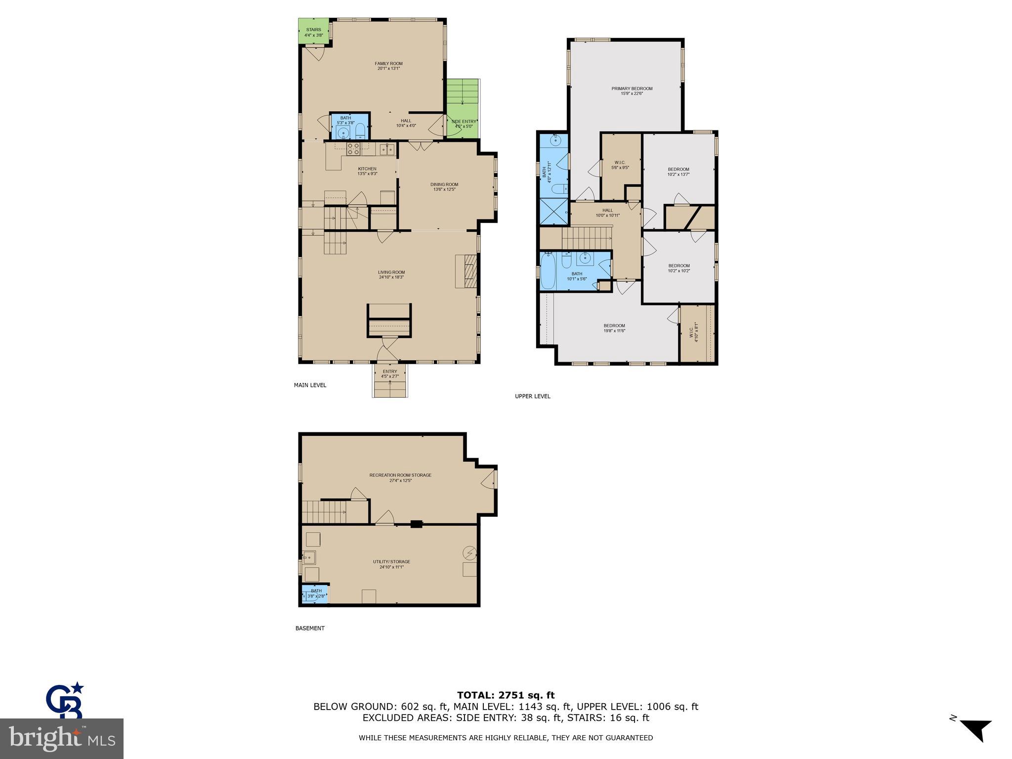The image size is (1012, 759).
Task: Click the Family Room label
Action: click(x=388, y=64)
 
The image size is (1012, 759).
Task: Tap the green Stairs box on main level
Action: click(x=313, y=31)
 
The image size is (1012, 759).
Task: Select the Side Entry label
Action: click(x=464, y=122)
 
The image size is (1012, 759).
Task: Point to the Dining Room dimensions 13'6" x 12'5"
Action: click(x=444, y=190)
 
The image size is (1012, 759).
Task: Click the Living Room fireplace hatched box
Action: click(x=466, y=271)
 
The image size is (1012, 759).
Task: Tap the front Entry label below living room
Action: click(x=389, y=372)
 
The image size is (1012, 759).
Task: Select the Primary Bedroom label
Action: click(x=632, y=89)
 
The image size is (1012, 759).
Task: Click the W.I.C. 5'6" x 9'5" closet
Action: click(x=620, y=165)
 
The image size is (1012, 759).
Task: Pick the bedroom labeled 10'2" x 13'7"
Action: click(x=678, y=171)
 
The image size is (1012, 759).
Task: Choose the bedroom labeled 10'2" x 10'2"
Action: click(x=678, y=268)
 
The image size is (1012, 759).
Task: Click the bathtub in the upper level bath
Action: click(x=548, y=272)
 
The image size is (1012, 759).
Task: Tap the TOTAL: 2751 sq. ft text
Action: click(x=506, y=695)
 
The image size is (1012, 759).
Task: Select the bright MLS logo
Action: click(x=62, y=738)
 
